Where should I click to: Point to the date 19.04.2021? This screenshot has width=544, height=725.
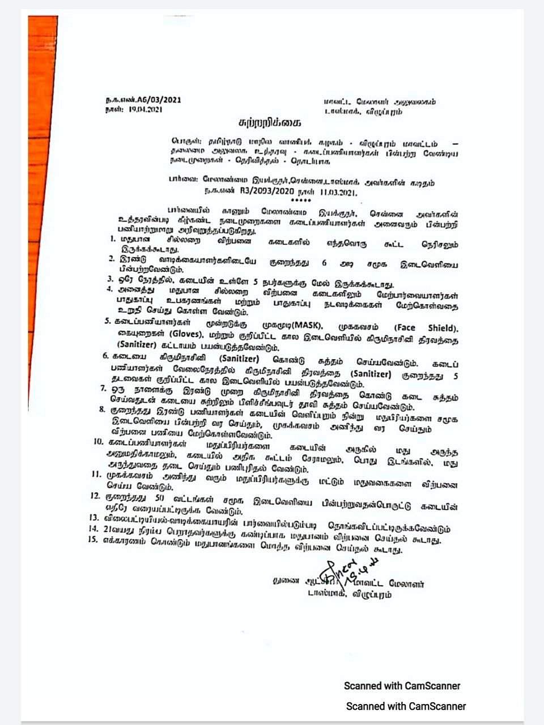point(146,109)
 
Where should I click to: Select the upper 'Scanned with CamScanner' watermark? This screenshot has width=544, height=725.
point(402,685)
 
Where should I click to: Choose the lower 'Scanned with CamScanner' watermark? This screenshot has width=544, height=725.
point(406,706)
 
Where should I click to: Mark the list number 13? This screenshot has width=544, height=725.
point(94,517)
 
